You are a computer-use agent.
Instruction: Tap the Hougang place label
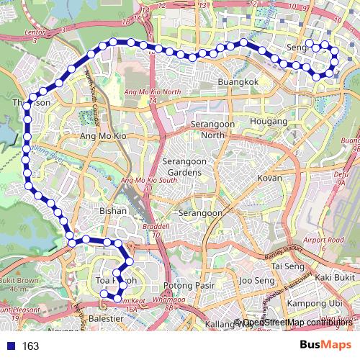268,122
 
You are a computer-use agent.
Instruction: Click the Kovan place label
270,177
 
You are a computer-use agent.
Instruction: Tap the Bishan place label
112,211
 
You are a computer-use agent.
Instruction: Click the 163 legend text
30,346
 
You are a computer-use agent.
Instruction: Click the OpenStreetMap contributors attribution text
295,322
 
